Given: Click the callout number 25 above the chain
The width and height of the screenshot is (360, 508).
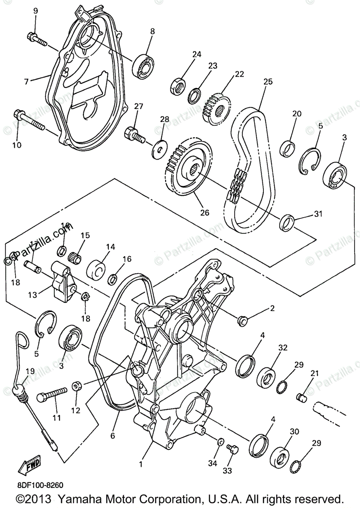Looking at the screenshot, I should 268,81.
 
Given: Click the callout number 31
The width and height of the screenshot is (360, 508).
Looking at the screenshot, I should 318,214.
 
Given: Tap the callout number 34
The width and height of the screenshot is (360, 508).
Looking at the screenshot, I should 212,464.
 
